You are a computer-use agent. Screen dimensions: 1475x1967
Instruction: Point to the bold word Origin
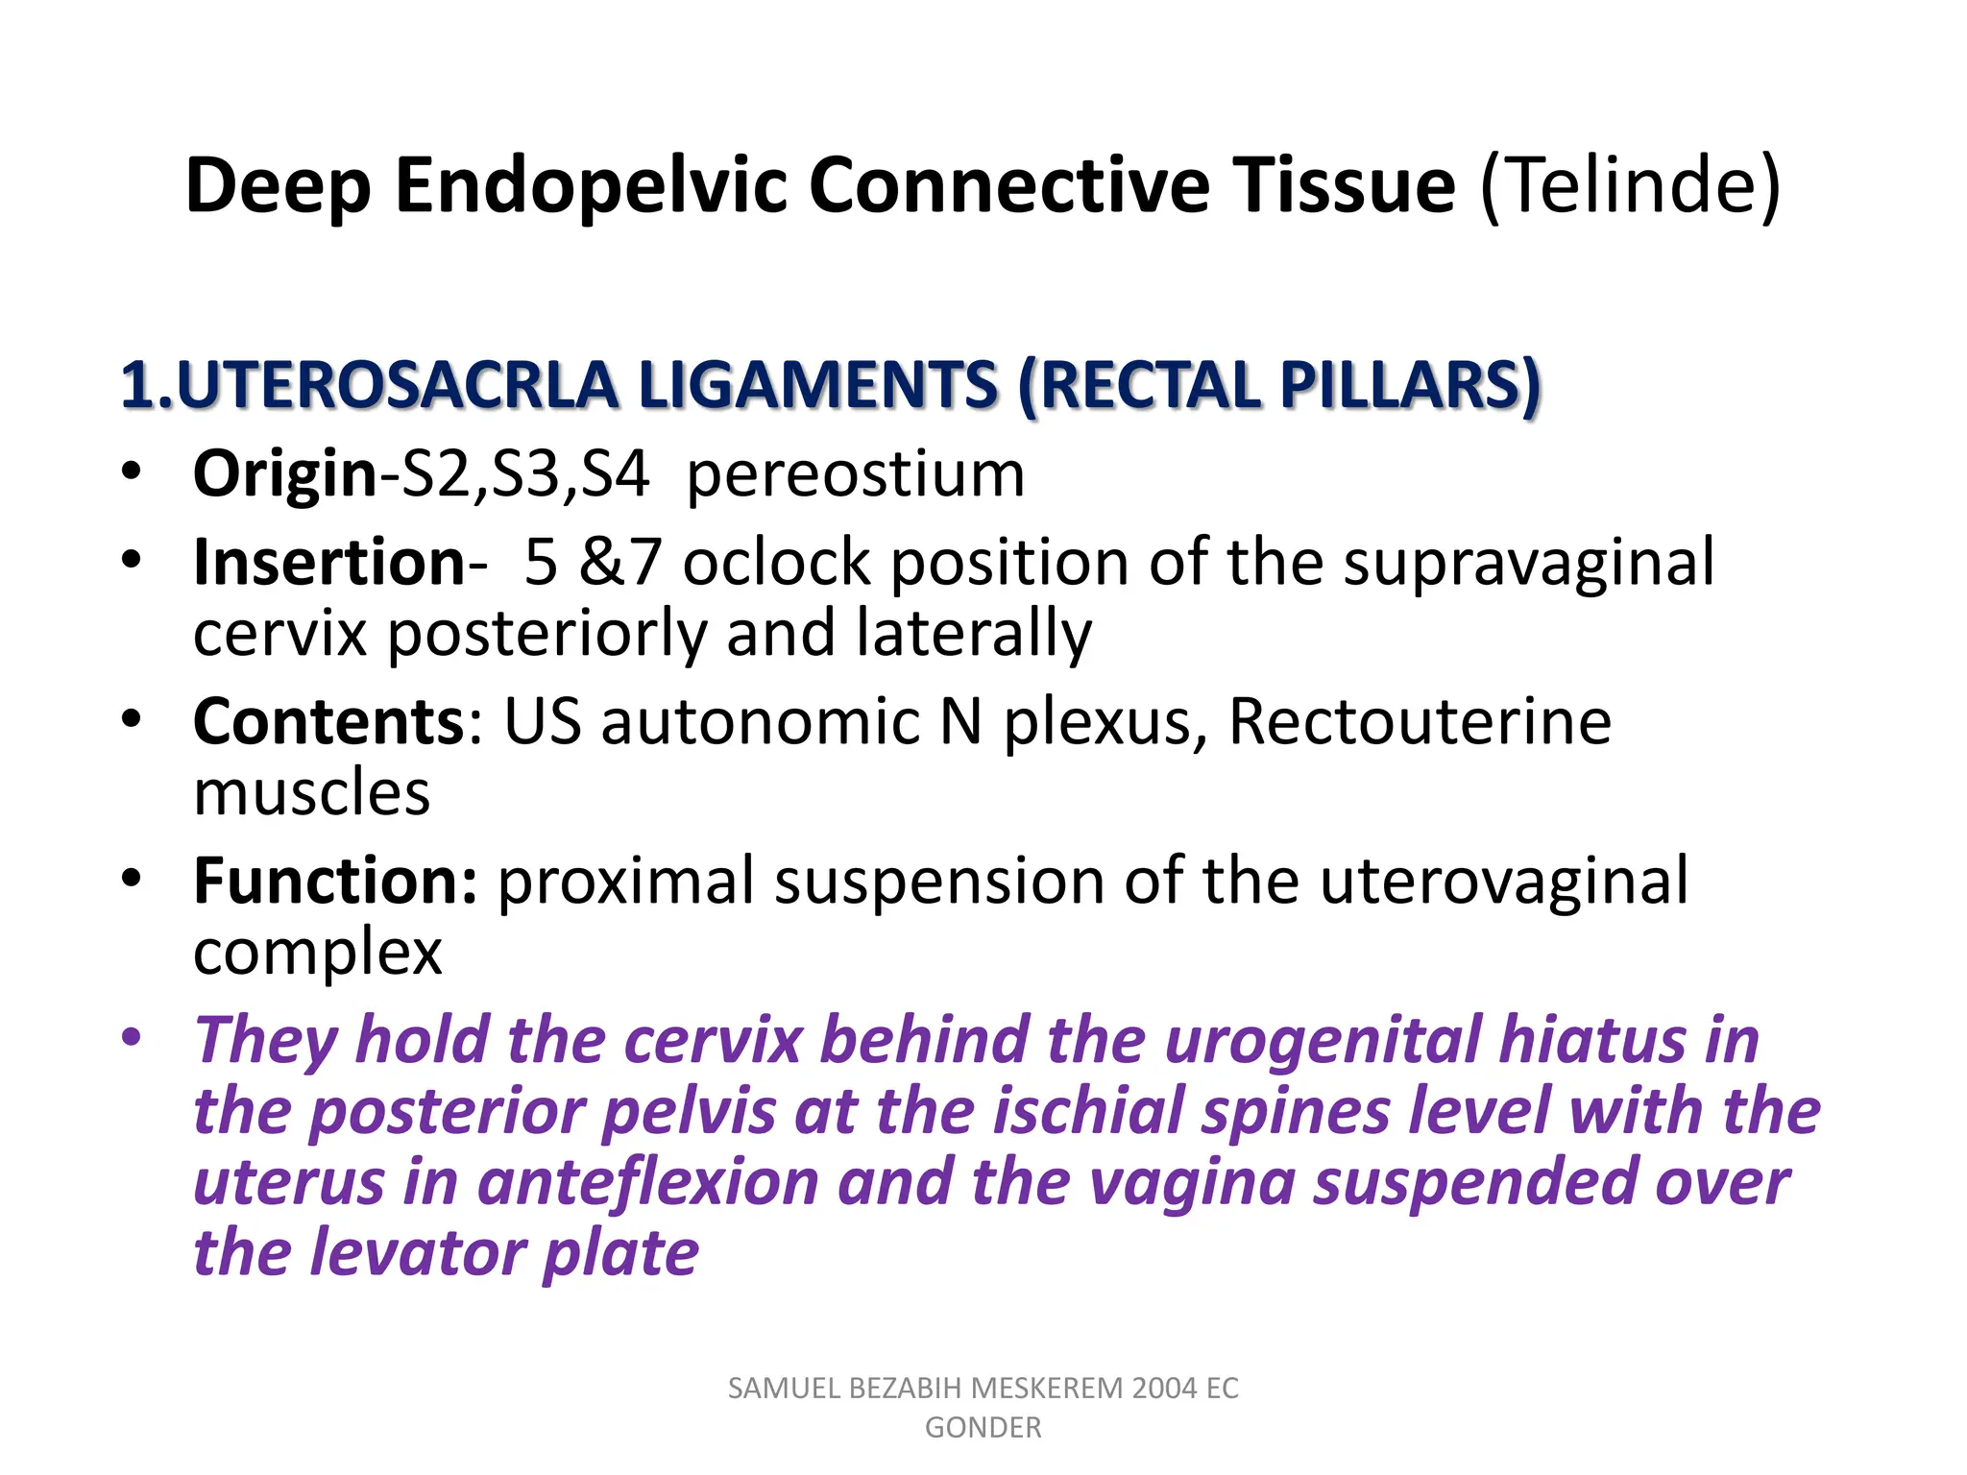coord(285,474)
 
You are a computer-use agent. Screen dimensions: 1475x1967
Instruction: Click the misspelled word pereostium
coord(856,474)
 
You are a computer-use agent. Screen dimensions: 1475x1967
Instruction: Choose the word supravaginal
coord(1528,563)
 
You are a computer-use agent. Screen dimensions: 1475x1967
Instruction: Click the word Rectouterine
coord(1420,721)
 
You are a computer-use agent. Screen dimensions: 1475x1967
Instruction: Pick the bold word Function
coord(334,881)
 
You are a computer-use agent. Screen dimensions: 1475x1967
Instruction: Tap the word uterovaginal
coord(1503,881)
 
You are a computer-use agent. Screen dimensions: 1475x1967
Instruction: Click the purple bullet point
coord(132,1039)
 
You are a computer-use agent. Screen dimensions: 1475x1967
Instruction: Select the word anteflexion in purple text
coord(648,1182)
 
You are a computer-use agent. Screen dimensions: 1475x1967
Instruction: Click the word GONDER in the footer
coord(983,1428)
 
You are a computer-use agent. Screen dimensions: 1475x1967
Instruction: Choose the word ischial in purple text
coord(1087,1112)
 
